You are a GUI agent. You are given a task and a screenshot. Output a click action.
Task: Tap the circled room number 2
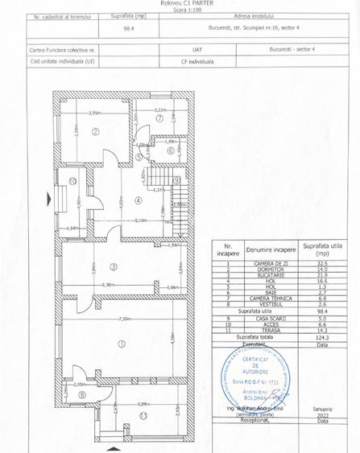[94, 132]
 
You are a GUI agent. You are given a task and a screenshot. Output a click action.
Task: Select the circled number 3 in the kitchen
[114, 266]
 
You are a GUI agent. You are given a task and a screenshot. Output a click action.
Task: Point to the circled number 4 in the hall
[138, 200]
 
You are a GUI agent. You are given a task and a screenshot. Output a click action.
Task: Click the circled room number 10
[72, 181]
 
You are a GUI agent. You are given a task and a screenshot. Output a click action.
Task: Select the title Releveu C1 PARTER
[180, 4]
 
